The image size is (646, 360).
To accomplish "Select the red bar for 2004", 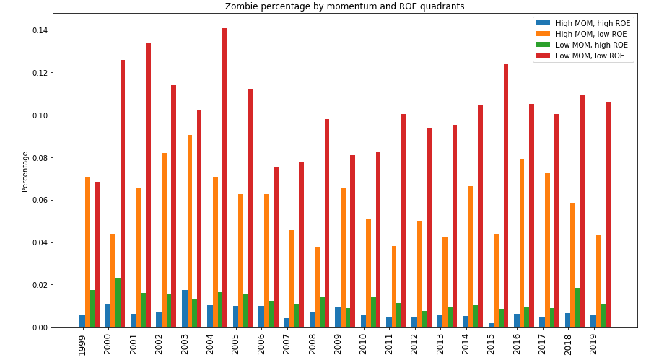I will click(224, 177).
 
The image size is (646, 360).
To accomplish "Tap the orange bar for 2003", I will click(190, 231).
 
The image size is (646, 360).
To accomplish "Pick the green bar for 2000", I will click(118, 302).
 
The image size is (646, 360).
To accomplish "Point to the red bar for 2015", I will click(506, 196).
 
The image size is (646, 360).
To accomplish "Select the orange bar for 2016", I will click(522, 242).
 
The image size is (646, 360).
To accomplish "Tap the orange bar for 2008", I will click(318, 286).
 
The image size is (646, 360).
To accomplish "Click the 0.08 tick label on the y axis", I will click(39, 157).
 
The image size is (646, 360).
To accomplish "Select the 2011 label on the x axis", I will click(389, 343).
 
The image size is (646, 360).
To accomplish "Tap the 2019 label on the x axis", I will click(593, 343).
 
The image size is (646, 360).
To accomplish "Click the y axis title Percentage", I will click(25, 172).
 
